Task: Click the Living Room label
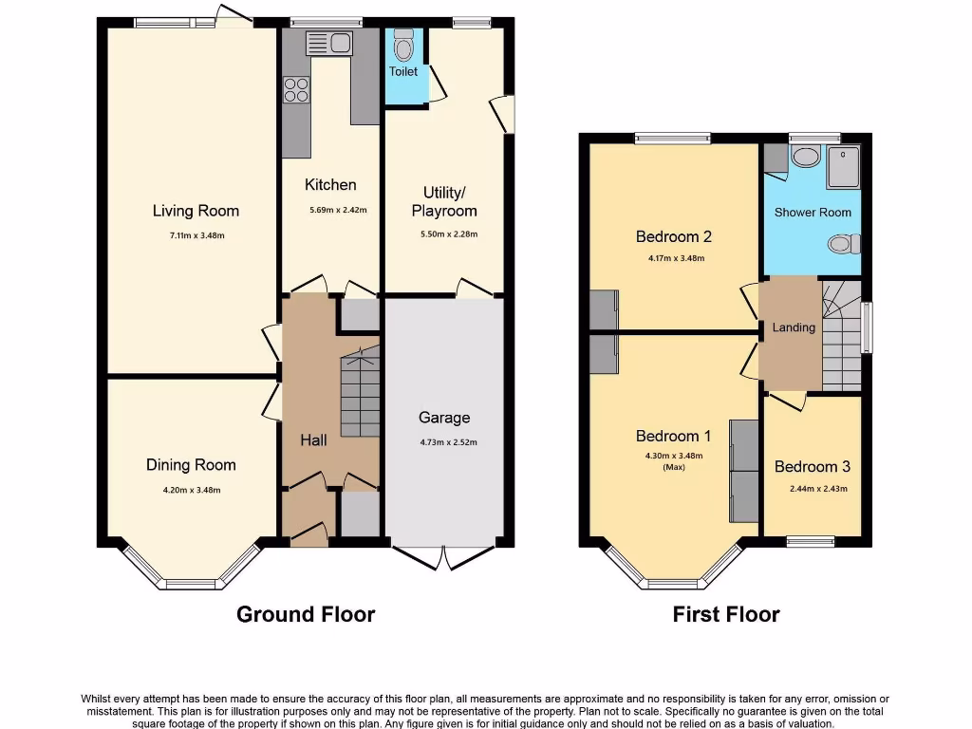point(197,211)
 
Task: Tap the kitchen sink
point(329,42)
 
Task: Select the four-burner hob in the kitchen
point(297,89)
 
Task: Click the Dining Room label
point(191,465)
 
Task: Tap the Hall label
point(313,440)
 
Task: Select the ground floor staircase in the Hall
point(361,391)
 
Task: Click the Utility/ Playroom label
point(444,201)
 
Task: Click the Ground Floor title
point(306,614)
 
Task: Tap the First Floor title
point(726,614)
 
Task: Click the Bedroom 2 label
point(674,236)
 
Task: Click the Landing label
point(794,327)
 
